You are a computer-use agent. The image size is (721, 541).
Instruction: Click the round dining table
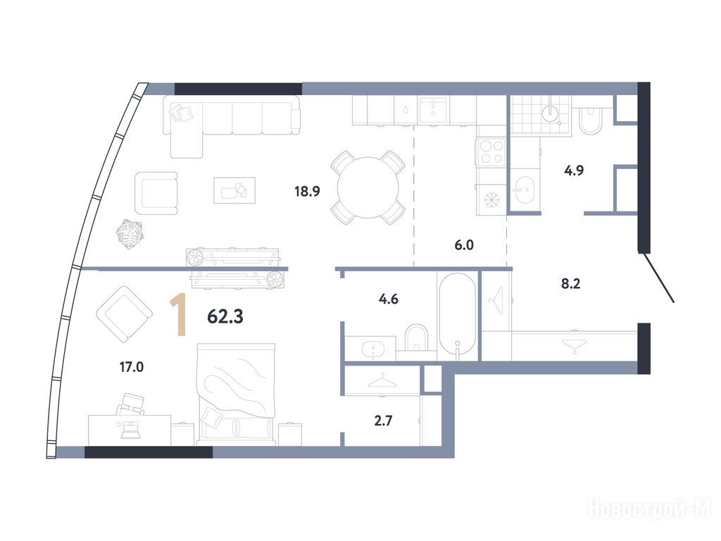[368, 187]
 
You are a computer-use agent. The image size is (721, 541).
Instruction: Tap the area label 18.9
[307, 191]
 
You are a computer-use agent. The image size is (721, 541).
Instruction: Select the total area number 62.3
[225, 316]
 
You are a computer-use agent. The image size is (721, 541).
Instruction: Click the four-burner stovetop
[491, 152]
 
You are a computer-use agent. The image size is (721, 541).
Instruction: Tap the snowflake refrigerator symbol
[491, 199]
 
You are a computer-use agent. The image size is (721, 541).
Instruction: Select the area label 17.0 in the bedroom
[132, 366]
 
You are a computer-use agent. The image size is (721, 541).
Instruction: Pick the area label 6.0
[464, 245]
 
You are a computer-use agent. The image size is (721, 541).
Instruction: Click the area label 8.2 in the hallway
[570, 283]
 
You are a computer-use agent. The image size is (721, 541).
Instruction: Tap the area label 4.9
[574, 170]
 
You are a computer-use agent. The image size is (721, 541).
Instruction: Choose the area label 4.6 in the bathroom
[388, 299]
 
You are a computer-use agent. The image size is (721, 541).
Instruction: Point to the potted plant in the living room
[130, 235]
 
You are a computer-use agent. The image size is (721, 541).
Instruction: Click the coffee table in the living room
[234, 190]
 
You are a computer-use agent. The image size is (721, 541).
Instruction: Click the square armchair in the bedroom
[124, 314]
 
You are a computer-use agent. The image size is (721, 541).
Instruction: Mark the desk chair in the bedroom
[130, 404]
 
